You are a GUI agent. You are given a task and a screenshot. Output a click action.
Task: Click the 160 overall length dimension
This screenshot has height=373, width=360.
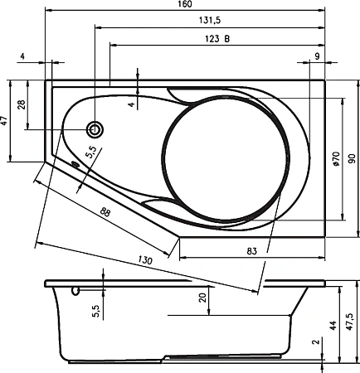coord(185,4)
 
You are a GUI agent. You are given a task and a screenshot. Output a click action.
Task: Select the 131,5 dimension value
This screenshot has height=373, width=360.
coord(210,20)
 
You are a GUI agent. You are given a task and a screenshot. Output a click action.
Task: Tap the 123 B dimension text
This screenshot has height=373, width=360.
coord(217,39)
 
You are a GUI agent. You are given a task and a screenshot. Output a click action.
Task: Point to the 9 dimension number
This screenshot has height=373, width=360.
coord(317,56)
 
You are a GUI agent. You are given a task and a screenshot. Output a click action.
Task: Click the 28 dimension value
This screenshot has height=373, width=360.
coord(22,104)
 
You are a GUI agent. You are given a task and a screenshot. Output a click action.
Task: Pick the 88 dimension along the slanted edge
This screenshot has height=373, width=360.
coord(105,212)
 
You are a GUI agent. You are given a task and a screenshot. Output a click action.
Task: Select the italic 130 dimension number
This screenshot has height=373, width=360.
coord(145,259)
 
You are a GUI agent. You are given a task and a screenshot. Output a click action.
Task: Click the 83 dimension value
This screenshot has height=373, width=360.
coord(251,251)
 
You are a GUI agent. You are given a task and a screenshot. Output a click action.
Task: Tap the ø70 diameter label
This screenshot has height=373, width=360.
coord(336,159)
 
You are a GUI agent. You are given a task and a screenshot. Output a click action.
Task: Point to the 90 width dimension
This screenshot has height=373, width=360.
coord(352,158)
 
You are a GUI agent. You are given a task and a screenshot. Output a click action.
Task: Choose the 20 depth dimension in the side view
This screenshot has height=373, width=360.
coord(203,298)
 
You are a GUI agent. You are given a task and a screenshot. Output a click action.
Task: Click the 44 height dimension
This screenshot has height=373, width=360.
coord(333,325)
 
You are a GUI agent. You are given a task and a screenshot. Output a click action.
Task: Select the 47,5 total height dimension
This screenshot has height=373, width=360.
coord(349,322)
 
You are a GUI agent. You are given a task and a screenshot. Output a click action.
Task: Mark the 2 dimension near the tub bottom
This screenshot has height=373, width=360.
coord(315,342)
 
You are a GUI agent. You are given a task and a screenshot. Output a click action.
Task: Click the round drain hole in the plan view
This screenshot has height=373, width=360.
coord(95,129)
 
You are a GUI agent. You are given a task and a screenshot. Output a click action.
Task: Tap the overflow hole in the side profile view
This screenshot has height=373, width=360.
coord(75,291)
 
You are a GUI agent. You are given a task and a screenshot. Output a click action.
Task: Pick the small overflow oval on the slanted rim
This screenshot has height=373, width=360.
coord(75,164)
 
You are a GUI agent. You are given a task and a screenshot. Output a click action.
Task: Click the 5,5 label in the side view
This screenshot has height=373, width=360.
coord(96,310)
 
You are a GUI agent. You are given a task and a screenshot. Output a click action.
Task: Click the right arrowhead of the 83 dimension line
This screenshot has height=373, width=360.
coord(322,258)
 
